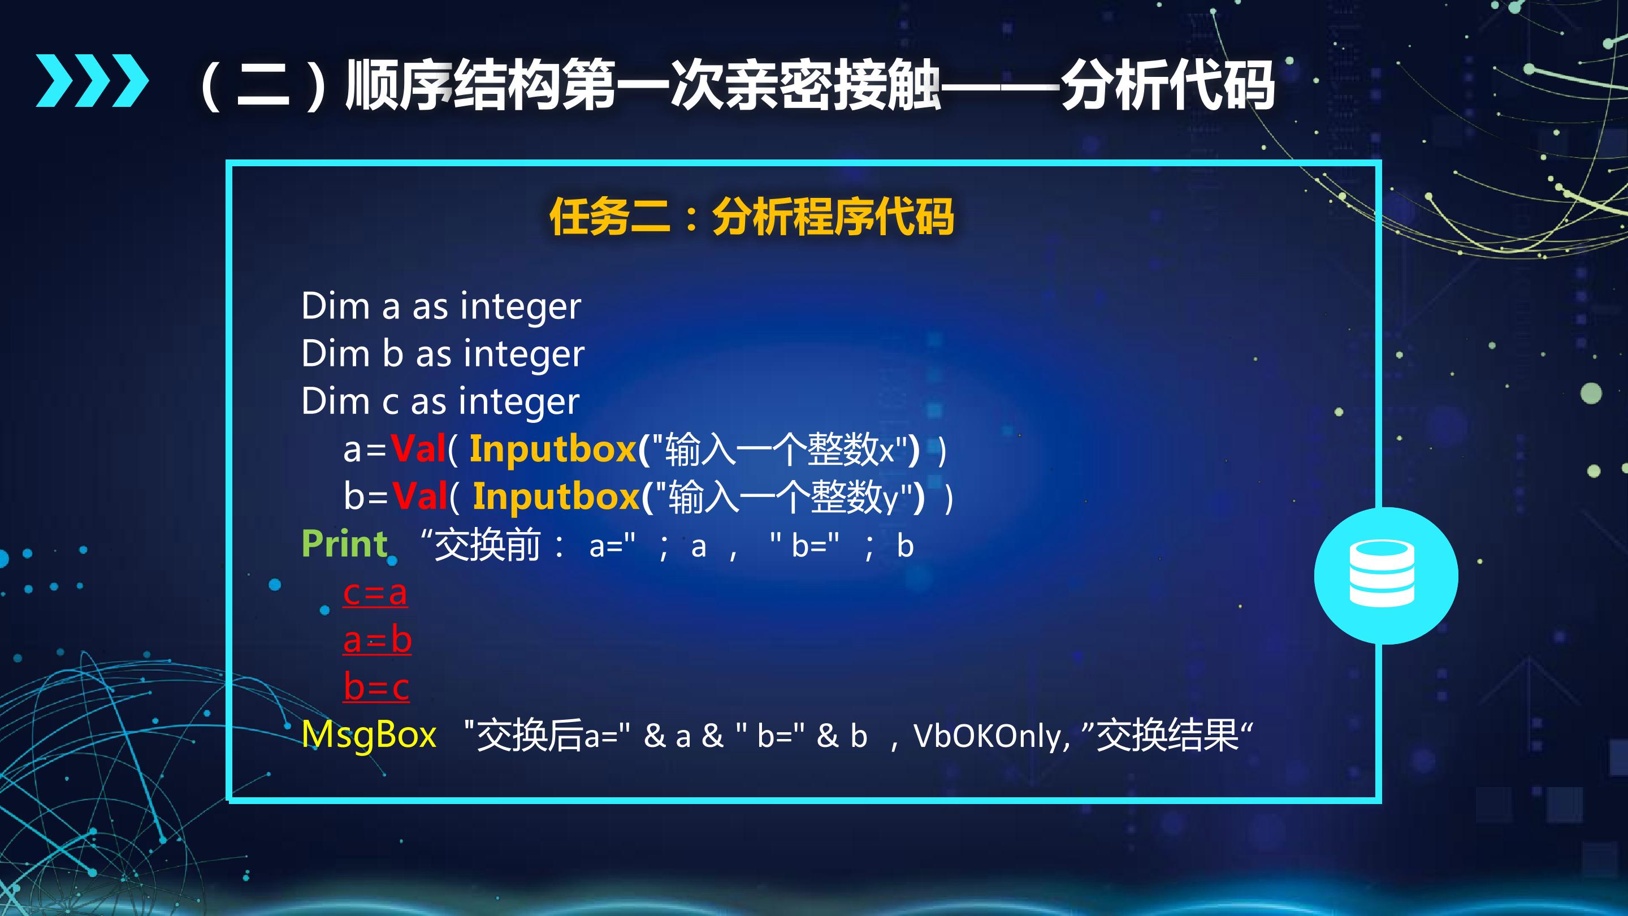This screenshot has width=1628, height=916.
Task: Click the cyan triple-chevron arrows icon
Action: [x=92, y=80]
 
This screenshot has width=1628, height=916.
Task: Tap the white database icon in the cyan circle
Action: [x=1382, y=574]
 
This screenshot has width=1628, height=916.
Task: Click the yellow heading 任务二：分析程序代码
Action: [x=751, y=217]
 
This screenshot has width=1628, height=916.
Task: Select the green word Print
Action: [x=344, y=545]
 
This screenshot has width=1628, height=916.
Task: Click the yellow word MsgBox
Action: [x=369, y=734]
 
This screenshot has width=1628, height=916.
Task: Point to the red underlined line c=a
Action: [x=375, y=593]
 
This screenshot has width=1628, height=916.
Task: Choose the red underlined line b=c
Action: [x=376, y=686]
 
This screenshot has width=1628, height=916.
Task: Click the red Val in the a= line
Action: [x=418, y=449]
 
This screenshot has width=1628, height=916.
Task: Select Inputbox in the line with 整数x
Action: [x=553, y=450]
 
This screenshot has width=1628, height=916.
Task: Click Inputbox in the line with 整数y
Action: [x=557, y=496]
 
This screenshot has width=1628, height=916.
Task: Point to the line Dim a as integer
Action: [x=441, y=306]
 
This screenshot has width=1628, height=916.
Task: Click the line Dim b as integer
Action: [x=443, y=353]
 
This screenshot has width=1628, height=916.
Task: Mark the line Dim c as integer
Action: [x=440, y=401]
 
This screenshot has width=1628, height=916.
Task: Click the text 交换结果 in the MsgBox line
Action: [x=1167, y=735]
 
